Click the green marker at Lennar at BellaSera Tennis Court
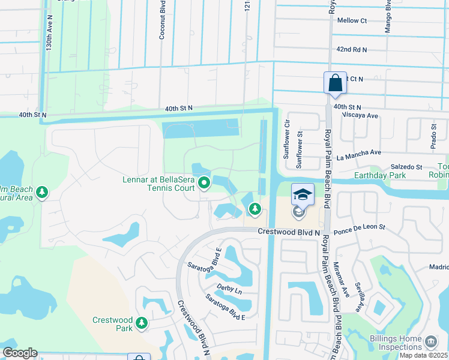coord(205,181)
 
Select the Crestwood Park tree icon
coord(142,323)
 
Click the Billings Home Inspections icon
coord(430,342)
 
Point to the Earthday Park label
coord(379,175)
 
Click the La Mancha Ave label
coord(359,155)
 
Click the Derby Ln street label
coord(229,290)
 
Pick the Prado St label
coord(434,136)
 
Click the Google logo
coord(20,353)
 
